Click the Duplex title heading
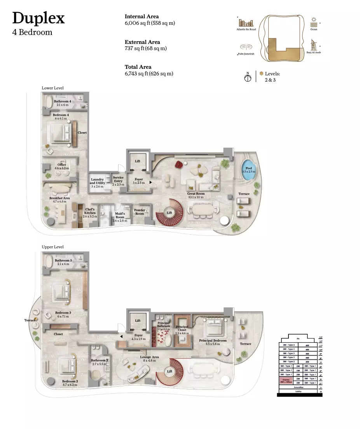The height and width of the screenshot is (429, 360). (38, 18)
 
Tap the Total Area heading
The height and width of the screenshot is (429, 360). (138, 67)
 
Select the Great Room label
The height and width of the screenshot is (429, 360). (195, 193)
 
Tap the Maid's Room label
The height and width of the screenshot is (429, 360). (120, 215)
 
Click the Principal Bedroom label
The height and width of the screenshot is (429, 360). (213, 340)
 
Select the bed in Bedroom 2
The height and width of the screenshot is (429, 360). (66, 366)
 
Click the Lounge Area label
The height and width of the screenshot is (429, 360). (149, 357)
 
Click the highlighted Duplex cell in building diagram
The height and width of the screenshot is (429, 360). (286, 380)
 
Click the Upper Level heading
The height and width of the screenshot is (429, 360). (52, 247)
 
